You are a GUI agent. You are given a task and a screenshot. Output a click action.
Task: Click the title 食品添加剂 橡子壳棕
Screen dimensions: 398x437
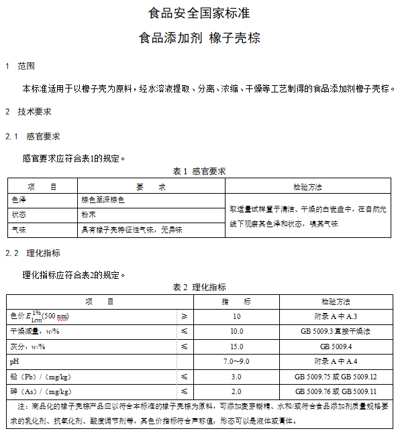pyautogui.click(x=199, y=38)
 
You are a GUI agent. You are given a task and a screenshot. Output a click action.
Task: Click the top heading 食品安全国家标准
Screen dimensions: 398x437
pyautogui.click(x=199, y=13)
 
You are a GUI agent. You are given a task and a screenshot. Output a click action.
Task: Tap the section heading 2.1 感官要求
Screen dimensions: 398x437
pyautogui.click(x=33, y=137)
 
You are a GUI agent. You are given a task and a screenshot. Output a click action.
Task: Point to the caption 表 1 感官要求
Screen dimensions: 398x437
pyautogui.click(x=199, y=172)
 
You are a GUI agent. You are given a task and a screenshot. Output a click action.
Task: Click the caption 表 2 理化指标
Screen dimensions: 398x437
pyautogui.click(x=199, y=288)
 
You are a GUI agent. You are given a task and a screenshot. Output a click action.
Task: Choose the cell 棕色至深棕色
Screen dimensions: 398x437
pyautogui.click(x=103, y=200)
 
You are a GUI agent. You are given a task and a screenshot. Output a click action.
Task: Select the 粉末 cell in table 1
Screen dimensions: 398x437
pyautogui.click(x=89, y=215)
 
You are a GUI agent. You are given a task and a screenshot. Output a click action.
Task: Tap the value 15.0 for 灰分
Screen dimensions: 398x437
pyautogui.click(x=236, y=347)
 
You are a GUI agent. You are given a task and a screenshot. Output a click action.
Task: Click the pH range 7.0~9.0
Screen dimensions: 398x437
pyautogui.click(x=236, y=361)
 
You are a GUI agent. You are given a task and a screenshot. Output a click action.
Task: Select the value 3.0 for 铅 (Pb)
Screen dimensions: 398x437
pyautogui.click(x=236, y=377)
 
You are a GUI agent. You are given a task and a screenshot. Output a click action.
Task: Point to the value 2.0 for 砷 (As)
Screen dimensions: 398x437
pyautogui.click(x=236, y=391)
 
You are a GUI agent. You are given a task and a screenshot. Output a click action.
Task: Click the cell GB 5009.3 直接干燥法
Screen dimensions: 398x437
pyautogui.click(x=336, y=331)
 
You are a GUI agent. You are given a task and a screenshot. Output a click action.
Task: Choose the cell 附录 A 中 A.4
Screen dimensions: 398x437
pyautogui.click(x=336, y=361)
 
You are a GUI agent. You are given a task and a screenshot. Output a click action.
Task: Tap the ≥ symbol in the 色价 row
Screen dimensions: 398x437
pyautogui.click(x=185, y=316)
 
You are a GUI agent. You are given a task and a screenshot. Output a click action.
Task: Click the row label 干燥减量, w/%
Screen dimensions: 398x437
pyautogui.click(x=35, y=331)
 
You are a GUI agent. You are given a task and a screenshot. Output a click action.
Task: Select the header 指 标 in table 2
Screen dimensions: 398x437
pyautogui.click(x=236, y=302)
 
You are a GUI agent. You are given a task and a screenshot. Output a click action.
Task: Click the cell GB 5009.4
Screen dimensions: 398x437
pyautogui.click(x=336, y=347)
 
